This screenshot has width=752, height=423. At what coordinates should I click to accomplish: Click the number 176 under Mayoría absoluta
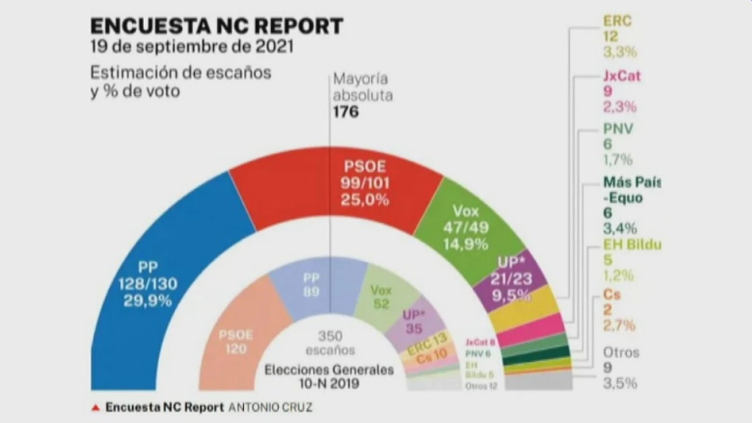(345, 112)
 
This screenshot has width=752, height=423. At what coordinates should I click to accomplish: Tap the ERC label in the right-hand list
(617, 21)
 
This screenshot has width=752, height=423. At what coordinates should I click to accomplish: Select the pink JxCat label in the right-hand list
(622, 76)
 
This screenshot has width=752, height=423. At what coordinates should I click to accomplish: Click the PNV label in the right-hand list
(618, 129)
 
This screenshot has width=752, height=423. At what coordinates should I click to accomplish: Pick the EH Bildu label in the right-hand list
(632, 245)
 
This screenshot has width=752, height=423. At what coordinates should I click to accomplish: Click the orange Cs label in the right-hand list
(612, 295)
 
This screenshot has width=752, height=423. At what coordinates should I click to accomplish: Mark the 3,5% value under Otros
(620, 384)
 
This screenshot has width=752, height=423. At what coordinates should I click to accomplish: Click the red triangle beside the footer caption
(95, 407)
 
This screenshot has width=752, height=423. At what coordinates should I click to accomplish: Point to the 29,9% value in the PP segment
(147, 301)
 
